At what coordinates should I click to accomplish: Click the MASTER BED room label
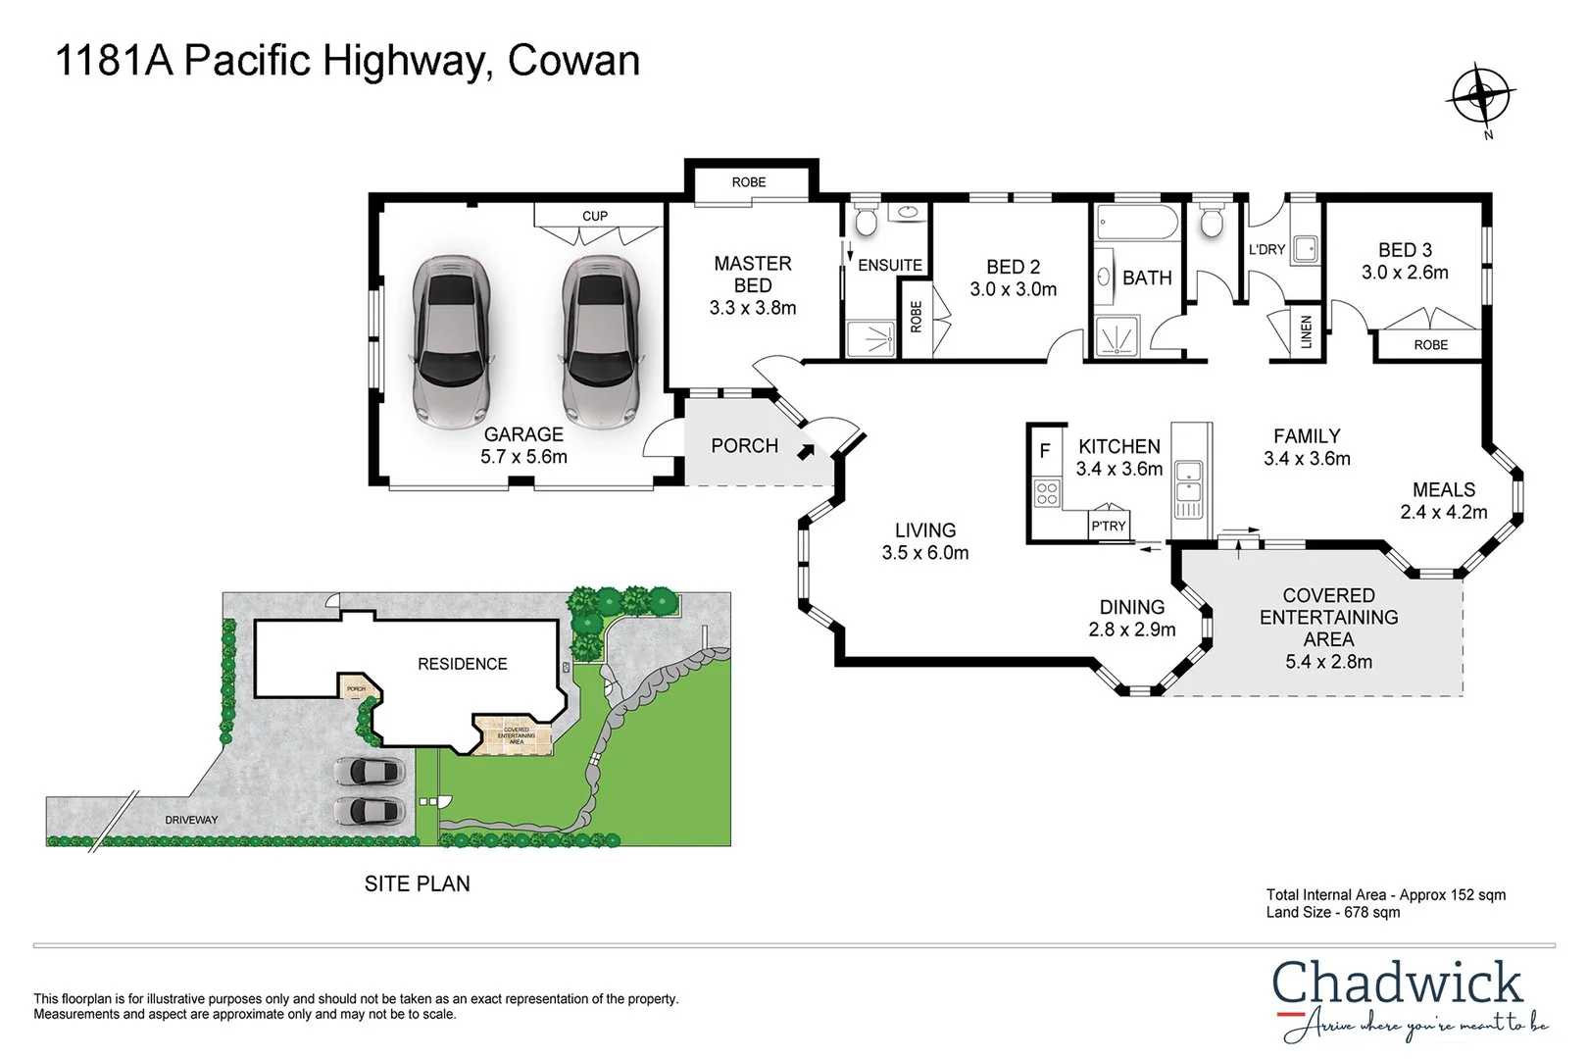(x=753, y=275)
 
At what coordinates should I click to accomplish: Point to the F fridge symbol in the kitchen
(x=1045, y=451)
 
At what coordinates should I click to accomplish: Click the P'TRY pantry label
(x=1109, y=527)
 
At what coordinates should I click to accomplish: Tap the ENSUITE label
(x=889, y=266)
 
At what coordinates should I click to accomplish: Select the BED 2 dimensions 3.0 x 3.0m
(x=1014, y=290)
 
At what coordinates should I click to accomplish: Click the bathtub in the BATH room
(x=1136, y=223)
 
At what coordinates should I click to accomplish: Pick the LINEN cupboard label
(x=1306, y=331)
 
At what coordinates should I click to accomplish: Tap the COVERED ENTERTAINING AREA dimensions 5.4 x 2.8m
(x=1328, y=662)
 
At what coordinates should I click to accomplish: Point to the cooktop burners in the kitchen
(x=1047, y=492)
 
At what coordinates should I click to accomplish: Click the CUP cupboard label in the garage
(x=595, y=216)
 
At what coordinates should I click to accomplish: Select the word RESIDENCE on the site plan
(x=462, y=665)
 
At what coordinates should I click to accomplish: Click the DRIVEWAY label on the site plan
(x=191, y=820)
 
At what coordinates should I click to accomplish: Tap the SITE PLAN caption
(x=417, y=883)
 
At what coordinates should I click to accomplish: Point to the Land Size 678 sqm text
(x=1332, y=913)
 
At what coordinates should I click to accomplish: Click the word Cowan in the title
(x=573, y=61)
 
